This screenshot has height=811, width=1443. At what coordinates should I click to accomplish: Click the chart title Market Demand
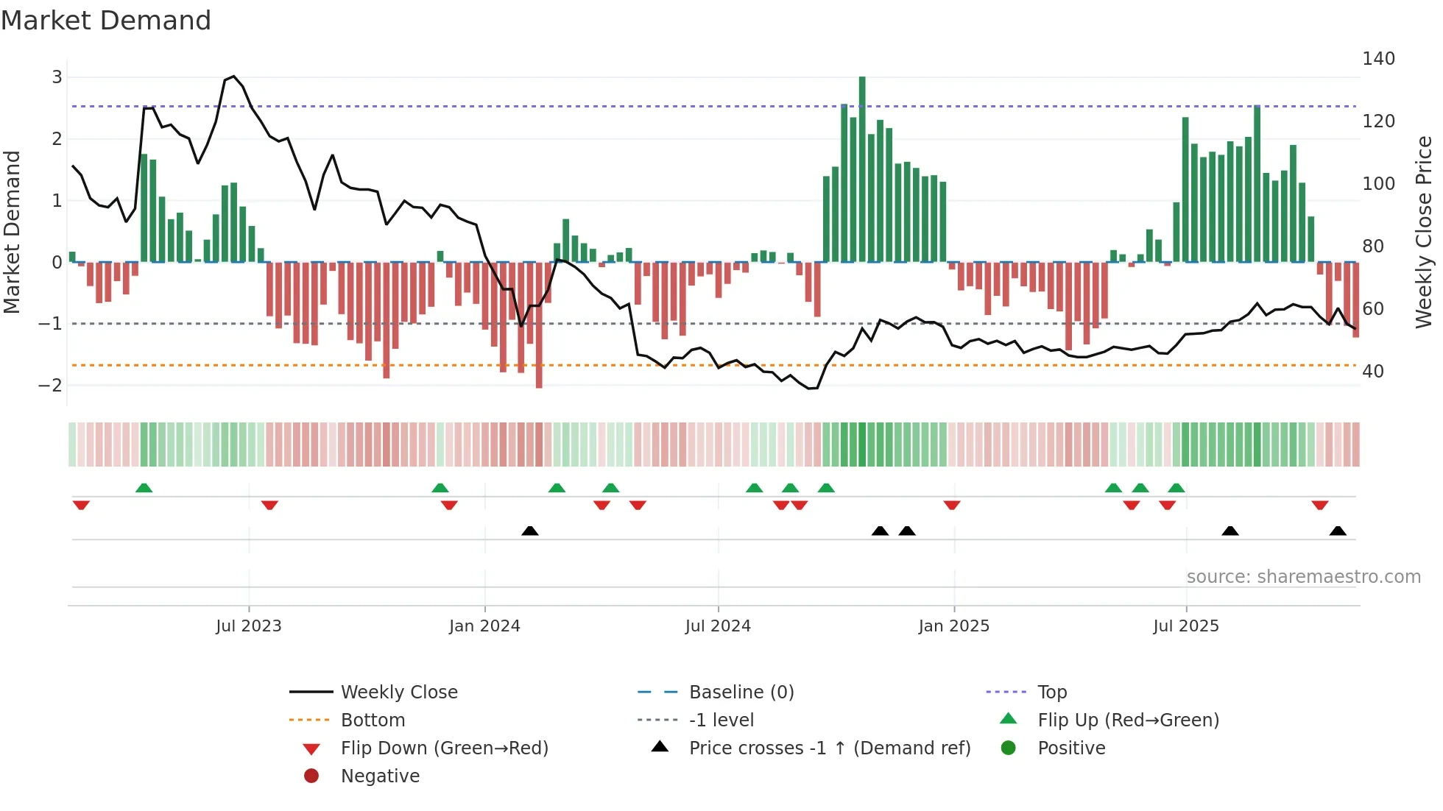(x=106, y=21)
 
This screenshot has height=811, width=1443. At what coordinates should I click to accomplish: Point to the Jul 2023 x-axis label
(x=248, y=626)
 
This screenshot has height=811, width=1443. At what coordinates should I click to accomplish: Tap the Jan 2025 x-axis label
(x=953, y=626)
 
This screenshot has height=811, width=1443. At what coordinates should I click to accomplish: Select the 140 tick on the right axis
(x=1378, y=59)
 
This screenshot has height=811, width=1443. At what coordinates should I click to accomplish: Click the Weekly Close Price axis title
(x=1424, y=232)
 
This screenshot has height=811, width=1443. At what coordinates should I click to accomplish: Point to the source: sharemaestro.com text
(x=1303, y=577)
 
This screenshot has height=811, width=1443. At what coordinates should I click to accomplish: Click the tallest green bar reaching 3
(x=862, y=169)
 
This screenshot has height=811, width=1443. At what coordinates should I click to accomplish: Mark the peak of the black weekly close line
(x=233, y=77)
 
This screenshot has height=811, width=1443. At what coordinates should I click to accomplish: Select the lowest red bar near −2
(x=539, y=324)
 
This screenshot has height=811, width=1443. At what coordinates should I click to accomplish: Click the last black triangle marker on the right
(x=1338, y=531)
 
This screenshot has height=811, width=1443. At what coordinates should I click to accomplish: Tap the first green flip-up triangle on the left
(x=144, y=488)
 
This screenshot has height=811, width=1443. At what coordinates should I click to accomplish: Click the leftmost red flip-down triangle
(x=81, y=505)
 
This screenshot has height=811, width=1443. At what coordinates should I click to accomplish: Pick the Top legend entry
(x=1051, y=693)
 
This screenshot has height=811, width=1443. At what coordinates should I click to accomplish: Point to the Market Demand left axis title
(x=13, y=232)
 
